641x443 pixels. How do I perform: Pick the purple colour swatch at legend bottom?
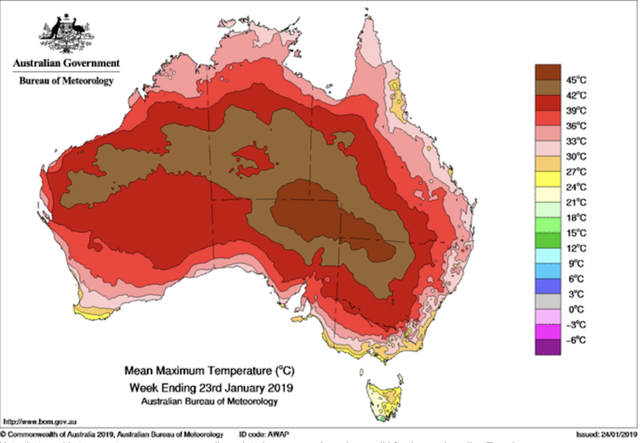click(547, 346)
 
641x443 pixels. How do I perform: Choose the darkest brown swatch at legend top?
click(547, 71)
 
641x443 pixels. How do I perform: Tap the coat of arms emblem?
click(65, 33)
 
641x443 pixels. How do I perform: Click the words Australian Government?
click(65, 64)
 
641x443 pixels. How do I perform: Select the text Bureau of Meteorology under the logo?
click(65, 81)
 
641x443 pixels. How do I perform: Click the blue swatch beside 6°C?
click(547, 270)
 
